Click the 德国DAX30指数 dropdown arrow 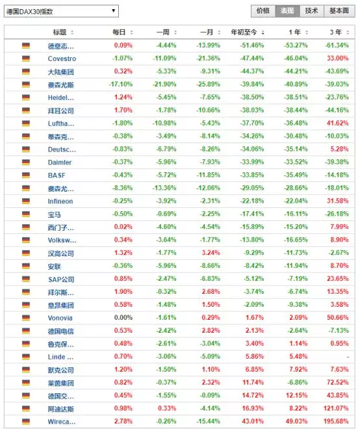click(113, 10)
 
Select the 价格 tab click(263, 11)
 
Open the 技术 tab click(311, 11)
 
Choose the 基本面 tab click(339, 11)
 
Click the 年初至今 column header click(244, 32)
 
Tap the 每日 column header click(119, 32)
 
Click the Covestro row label click(62, 58)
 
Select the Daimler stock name click(60, 162)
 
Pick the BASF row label click(57, 175)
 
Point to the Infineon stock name click(60, 201)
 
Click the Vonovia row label click(60, 318)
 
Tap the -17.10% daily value click(121, 84)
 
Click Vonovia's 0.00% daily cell click(123, 318)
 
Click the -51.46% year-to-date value click(252, 45)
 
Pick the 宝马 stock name click(54, 214)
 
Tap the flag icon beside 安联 click(26, 266)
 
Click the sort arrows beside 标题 click(72, 32)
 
